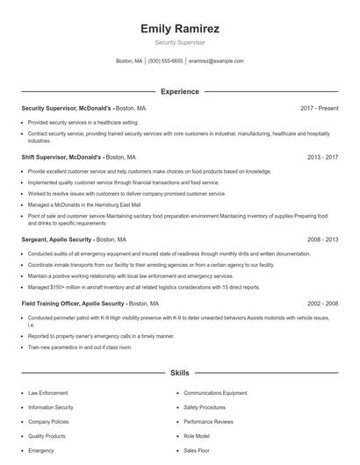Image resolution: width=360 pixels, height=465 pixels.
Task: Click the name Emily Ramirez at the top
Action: tap(180, 29)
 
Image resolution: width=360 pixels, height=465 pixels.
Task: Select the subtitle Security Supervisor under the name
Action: tap(180, 42)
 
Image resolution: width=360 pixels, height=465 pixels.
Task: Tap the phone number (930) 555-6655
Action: tap(165, 61)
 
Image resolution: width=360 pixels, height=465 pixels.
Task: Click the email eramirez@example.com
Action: tap(216, 61)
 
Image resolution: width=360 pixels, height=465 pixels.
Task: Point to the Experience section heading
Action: tap(180, 91)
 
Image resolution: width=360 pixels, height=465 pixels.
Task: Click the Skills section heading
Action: tap(180, 373)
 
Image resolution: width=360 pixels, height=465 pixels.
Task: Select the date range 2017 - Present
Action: tap(319, 108)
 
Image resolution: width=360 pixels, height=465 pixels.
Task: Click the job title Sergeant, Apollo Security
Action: tap(56, 239)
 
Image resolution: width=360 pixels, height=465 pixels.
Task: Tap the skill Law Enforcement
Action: tap(48, 393)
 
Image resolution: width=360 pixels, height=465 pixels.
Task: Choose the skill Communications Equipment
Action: tap(215, 393)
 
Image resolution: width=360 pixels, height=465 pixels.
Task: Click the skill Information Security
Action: tap(50, 407)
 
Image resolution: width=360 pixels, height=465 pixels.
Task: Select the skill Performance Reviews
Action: tap(209, 421)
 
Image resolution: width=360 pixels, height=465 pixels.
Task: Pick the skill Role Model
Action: tap(198, 435)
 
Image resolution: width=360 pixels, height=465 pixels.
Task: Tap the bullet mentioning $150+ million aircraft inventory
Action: tap(143, 286)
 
